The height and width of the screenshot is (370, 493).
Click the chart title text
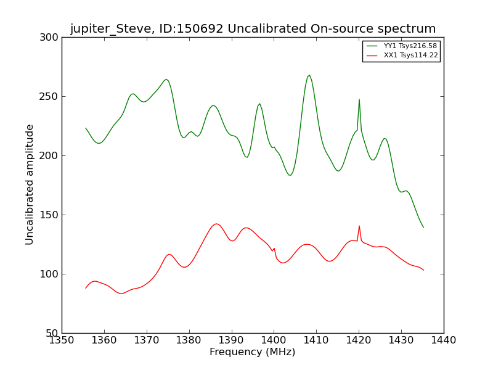[253, 29]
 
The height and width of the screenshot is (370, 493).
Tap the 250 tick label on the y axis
[51, 97]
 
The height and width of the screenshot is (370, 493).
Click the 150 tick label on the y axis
[51, 215]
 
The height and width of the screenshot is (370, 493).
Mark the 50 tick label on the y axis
[53, 334]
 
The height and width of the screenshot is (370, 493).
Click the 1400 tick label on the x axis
[274, 340]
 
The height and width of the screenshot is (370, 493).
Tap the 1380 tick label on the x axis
[189, 340]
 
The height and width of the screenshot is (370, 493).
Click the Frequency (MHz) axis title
[252, 352]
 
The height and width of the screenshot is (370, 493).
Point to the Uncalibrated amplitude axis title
[30, 184]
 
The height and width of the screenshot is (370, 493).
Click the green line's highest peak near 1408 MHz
[309, 75]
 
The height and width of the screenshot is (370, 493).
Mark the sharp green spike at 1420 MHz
[359, 99]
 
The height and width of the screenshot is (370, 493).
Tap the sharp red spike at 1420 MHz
[359, 226]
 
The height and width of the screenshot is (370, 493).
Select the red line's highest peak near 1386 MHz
[216, 224]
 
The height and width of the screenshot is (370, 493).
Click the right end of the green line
[423, 228]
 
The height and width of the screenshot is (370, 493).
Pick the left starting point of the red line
[86, 288]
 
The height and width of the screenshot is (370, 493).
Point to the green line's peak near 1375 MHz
[166, 79]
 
